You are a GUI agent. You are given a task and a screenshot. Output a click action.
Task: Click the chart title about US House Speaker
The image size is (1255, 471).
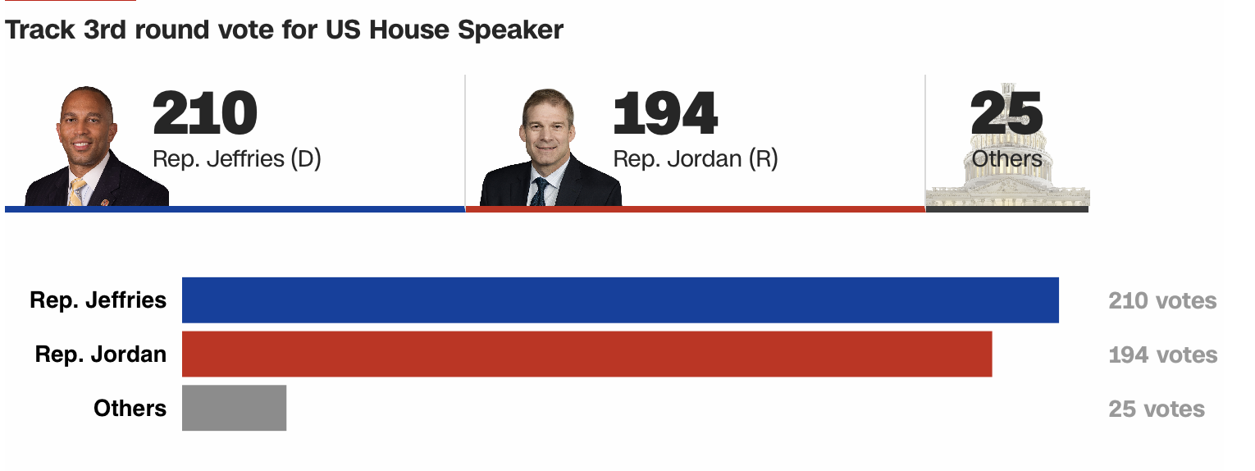[284, 30]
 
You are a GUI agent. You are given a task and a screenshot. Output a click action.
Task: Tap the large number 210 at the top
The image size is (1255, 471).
[205, 112]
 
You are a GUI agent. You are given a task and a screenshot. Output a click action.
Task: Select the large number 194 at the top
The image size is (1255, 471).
[665, 112]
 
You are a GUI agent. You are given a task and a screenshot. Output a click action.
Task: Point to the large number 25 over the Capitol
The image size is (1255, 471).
[1006, 112]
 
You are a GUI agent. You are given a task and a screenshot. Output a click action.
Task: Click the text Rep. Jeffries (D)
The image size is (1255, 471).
[237, 158]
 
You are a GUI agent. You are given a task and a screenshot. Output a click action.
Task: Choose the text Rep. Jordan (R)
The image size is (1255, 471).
[696, 158]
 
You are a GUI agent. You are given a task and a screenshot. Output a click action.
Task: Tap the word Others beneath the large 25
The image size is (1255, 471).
[1006, 158]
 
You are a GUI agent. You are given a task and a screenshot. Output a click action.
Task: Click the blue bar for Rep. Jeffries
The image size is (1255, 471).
[620, 300]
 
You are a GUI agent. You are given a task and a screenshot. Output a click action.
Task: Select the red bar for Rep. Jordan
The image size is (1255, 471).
[587, 354]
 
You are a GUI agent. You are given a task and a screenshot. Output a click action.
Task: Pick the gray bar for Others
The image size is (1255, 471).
[235, 408]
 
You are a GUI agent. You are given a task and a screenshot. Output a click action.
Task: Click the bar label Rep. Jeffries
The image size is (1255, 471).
[98, 300]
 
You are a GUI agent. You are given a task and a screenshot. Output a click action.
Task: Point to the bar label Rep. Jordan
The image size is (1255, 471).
[101, 354]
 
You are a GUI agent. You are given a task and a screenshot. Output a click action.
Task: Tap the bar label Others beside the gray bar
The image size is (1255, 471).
[130, 408]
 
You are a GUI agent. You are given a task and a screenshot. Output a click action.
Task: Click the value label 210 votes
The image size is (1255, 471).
[1162, 300]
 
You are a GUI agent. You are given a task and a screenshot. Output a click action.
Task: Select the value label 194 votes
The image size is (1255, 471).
[1163, 355]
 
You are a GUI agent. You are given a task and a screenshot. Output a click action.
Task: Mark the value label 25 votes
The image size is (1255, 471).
[1157, 409]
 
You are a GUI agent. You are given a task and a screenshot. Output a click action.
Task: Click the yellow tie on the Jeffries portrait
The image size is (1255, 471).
[77, 192]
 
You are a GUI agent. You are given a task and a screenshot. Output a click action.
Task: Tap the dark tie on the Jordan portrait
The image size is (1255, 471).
[540, 192]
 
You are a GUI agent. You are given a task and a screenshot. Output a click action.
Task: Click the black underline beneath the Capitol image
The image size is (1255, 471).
[1007, 209]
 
